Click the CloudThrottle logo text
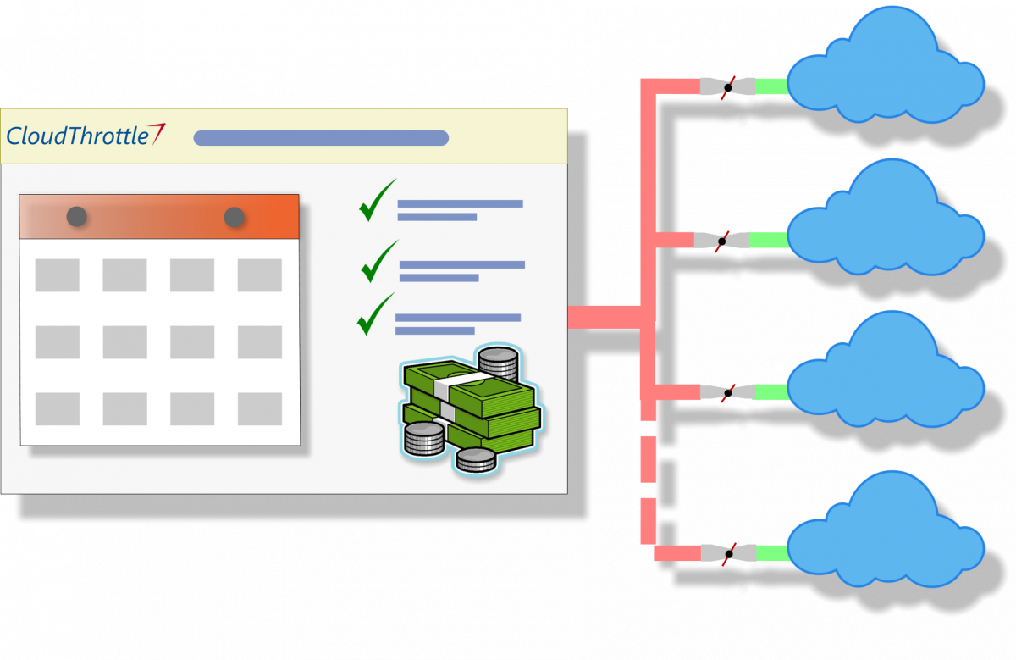(x=78, y=136)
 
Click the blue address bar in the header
(x=321, y=138)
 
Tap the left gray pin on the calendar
(x=77, y=216)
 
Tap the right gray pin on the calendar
(x=235, y=217)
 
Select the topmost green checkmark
(x=376, y=202)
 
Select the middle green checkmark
(x=378, y=263)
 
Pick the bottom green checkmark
(x=374, y=315)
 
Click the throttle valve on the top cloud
(x=727, y=86)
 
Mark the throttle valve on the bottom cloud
(x=727, y=553)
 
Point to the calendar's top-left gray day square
(x=57, y=275)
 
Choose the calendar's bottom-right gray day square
(x=260, y=408)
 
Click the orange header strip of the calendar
(x=159, y=217)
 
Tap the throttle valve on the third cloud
(x=727, y=392)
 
